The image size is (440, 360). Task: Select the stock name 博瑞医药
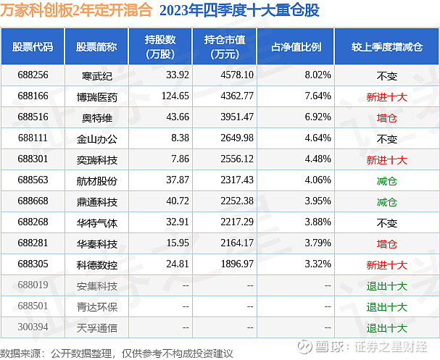(94, 96)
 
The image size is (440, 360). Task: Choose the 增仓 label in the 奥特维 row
(387, 117)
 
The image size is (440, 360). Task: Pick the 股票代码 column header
(33, 46)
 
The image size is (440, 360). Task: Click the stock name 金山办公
(94, 138)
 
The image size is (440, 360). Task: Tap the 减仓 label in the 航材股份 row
(387, 180)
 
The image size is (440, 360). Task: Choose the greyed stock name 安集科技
(94, 286)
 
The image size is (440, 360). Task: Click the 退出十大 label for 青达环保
(387, 307)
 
